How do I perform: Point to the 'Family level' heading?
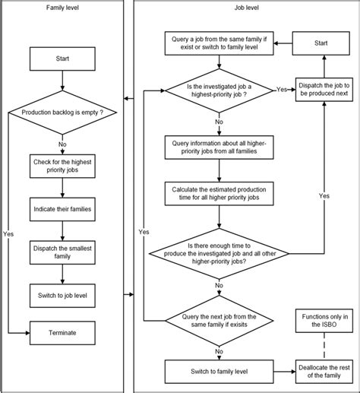(61, 9)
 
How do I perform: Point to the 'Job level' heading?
(245, 9)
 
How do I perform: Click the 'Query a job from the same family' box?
(219, 43)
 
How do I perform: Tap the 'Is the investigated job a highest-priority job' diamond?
(219, 90)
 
